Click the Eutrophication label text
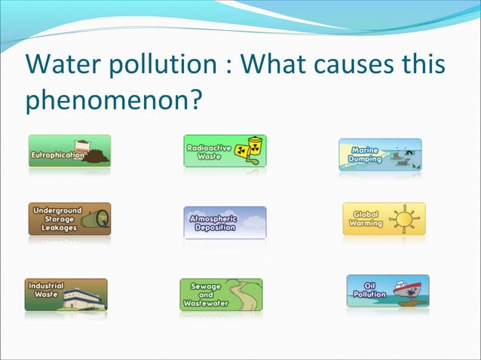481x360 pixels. [x=57, y=156]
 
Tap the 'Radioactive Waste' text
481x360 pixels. [x=209, y=153]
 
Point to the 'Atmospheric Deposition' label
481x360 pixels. [x=214, y=223]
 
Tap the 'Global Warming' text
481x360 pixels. [x=367, y=219]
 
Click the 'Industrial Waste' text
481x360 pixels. [x=46, y=290]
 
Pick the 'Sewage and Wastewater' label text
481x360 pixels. [x=205, y=294]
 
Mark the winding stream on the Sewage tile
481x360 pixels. [x=241, y=295]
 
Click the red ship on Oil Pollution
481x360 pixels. [x=406, y=291]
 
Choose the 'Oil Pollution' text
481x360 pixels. [x=369, y=291]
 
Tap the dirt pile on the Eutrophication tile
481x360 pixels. [x=96, y=157]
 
